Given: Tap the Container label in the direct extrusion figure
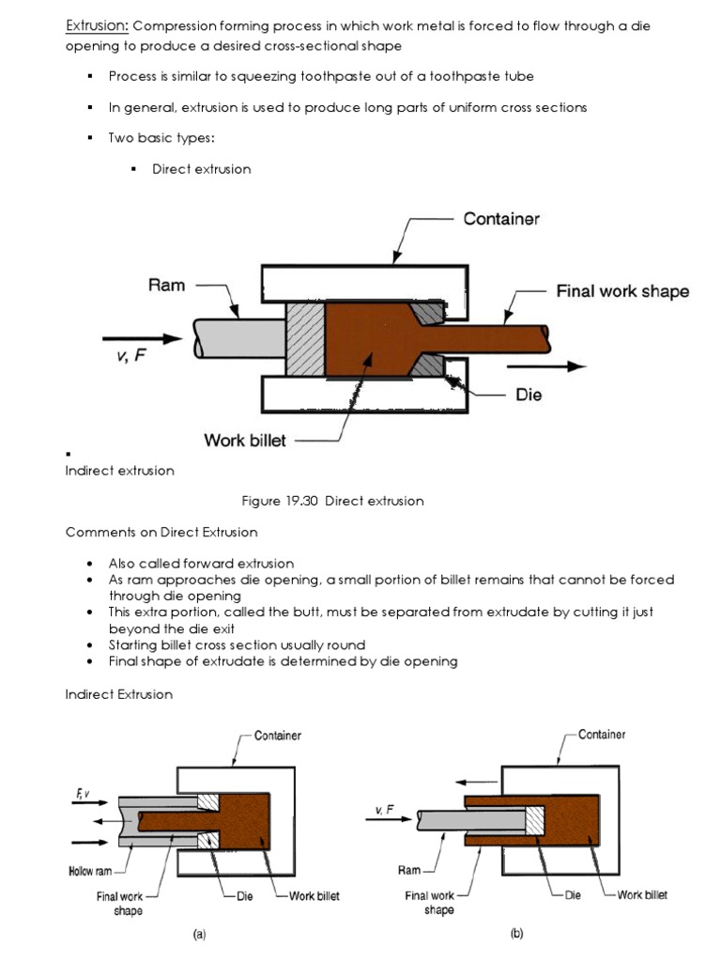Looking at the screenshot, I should [501, 219].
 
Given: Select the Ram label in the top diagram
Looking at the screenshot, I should [166, 284].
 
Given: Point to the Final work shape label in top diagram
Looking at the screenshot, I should [621, 291].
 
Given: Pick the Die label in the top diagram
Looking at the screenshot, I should [529, 395].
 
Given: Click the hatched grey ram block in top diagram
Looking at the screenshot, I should [304, 340].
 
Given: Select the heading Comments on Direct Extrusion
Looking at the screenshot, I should [161, 533].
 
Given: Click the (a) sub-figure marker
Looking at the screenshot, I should [199, 935].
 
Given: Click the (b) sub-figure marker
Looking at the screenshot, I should [516, 935].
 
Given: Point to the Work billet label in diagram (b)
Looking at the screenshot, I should [642, 895].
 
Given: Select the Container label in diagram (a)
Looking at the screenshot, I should [278, 736].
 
